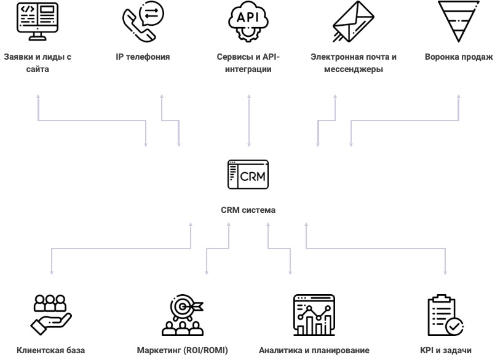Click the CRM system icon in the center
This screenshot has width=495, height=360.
248,175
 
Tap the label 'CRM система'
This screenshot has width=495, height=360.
248,210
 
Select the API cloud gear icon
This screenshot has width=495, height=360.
248,22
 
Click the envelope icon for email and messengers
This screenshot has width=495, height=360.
353,22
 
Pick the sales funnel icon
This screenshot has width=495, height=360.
459,21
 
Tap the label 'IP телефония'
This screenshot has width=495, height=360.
143,57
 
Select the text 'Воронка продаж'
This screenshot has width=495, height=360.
459,57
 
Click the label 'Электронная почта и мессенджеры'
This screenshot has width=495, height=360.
354,63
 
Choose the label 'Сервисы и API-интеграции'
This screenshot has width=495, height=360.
248,63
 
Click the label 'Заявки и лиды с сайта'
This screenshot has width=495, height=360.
38,63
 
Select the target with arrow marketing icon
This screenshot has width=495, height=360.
182,314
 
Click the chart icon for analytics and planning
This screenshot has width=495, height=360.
314,314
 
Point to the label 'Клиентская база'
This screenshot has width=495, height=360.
50,351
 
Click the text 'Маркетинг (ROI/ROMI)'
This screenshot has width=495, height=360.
182,351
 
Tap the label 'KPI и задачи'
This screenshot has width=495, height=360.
445,351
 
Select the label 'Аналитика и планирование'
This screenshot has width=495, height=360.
314,351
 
